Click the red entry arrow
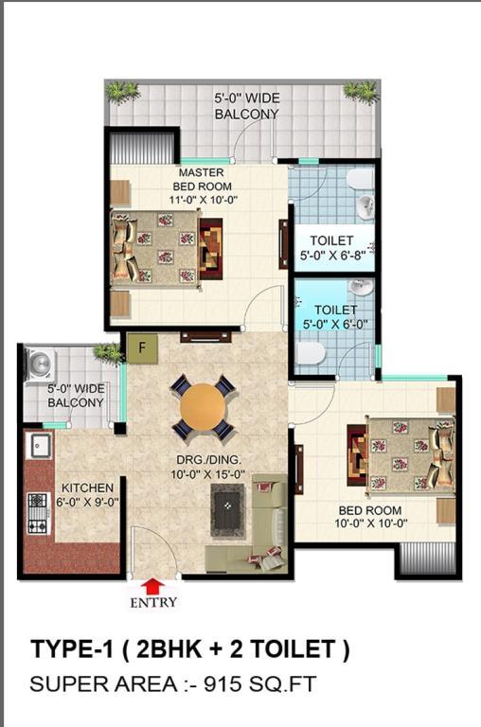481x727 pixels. (152, 587)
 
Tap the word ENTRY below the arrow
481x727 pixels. (153, 603)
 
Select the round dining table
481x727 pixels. (204, 407)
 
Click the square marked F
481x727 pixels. (142, 348)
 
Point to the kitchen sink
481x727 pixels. (40, 445)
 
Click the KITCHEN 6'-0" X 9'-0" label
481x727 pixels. (88, 495)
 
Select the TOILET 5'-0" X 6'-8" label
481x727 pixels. (332, 248)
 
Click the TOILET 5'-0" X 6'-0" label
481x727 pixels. (335, 317)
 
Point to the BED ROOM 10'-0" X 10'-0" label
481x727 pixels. (370, 517)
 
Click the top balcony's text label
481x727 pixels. (247, 106)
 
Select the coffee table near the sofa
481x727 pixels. (227, 510)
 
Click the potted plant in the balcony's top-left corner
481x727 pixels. (122, 92)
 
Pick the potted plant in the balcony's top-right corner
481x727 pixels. (362, 92)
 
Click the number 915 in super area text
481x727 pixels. (222, 683)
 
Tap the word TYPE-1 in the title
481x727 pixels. (72, 648)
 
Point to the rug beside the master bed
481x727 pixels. (210, 249)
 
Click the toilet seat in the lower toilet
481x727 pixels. (311, 354)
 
